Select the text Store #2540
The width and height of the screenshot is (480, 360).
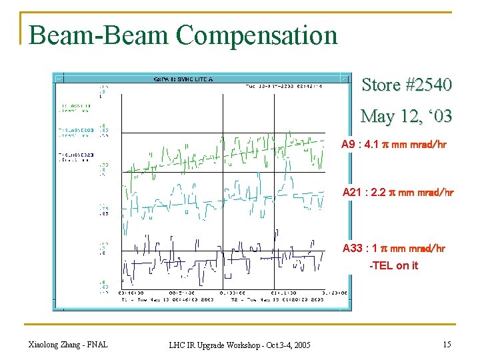pos(407,85)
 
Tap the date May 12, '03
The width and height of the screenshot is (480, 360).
pos(407,116)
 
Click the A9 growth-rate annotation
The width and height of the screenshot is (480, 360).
pos(393,145)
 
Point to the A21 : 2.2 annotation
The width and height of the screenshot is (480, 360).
pos(398,193)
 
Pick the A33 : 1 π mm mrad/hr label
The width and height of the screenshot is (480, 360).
pos(393,249)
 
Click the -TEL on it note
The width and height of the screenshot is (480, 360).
pos(394,265)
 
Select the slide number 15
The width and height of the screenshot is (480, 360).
pos(446,344)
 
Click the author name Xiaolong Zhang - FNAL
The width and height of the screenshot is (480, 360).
pos(68,344)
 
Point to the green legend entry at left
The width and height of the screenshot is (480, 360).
pos(74,107)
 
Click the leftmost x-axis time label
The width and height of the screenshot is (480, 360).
pos(129,293)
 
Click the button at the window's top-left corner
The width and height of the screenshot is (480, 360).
pos(58,77)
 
